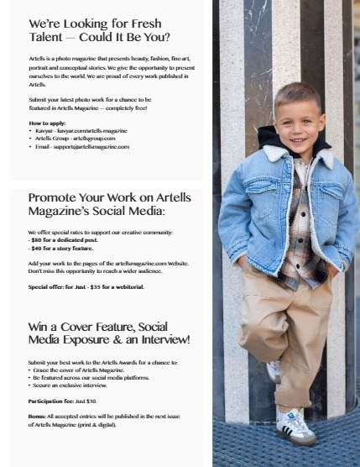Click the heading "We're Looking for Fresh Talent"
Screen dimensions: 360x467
(99, 30)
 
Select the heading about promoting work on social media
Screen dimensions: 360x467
(109, 204)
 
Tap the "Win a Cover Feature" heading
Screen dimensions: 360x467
(109, 333)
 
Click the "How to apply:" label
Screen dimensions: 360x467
(46, 123)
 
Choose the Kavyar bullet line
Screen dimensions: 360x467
(80, 131)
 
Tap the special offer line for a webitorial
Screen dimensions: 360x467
(86, 286)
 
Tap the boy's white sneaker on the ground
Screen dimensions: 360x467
(295, 425)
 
